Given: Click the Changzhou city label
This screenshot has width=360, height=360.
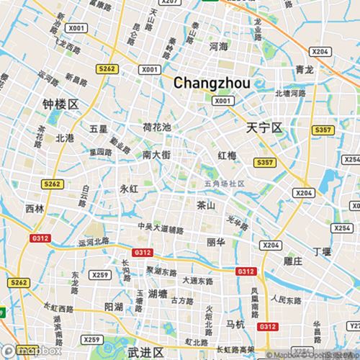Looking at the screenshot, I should pyautogui.click(x=212, y=84).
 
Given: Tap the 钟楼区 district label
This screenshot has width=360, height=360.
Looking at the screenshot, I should pyautogui.click(x=60, y=105).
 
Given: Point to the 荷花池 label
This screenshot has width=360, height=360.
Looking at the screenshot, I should pyautogui.click(x=156, y=127).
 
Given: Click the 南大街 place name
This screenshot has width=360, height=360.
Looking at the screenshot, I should pyautogui.click(x=156, y=155).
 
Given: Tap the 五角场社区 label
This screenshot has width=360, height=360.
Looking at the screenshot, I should pyautogui.click(x=225, y=184).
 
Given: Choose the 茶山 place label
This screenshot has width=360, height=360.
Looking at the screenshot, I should pyautogui.click(x=206, y=205).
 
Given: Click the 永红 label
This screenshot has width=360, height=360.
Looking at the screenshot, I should pyautogui.click(x=128, y=189).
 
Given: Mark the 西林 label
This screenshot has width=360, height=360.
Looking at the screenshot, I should pyautogui.click(x=35, y=209).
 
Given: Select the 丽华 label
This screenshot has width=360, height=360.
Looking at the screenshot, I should pyautogui.click(x=215, y=242).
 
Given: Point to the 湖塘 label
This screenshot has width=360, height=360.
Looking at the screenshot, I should pyautogui.click(x=158, y=294).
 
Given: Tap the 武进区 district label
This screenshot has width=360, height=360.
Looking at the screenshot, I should pyautogui.click(x=145, y=352).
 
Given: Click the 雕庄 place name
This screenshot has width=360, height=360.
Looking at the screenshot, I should pyautogui.click(x=293, y=261).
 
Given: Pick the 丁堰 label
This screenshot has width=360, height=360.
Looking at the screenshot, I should pyautogui.click(x=322, y=252).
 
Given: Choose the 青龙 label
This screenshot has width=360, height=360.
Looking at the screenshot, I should pyautogui.click(x=305, y=70).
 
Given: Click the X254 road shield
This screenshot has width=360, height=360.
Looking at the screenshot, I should pyautogui.click(x=352, y=160).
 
